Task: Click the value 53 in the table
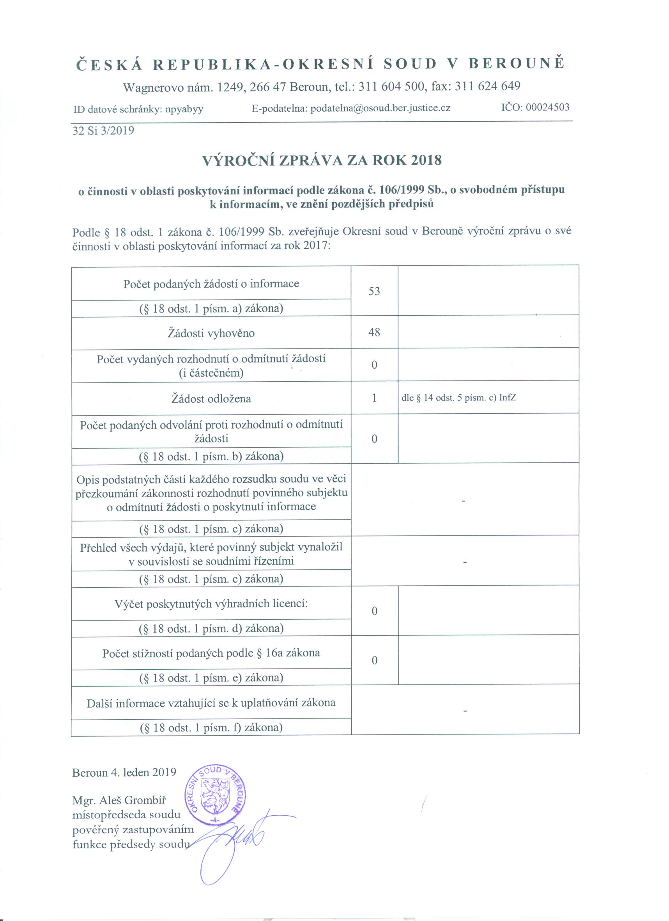click(x=374, y=292)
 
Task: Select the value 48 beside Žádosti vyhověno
click(x=374, y=332)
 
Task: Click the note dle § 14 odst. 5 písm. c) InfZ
click(x=458, y=398)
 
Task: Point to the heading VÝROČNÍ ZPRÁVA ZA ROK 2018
click(x=322, y=160)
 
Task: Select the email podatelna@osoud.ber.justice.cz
click(x=380, y=108)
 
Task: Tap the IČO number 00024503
click(x=547, y=107)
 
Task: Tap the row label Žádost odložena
click(x=211, y=399)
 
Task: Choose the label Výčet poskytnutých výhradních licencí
click(x=211, y=604)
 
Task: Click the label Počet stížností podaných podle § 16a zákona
click(x=211, y=653)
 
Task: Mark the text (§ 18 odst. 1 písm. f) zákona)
click(x=211, y=727)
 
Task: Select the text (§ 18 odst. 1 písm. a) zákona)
click(x=211, y=309)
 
